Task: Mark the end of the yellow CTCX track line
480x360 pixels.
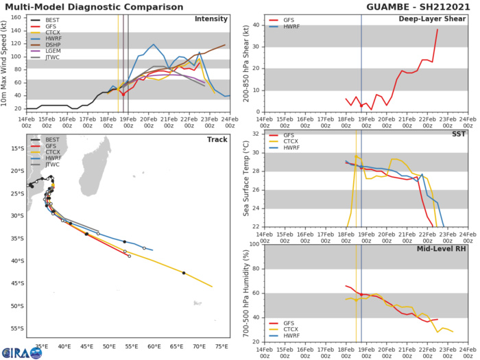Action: [212, 287]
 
